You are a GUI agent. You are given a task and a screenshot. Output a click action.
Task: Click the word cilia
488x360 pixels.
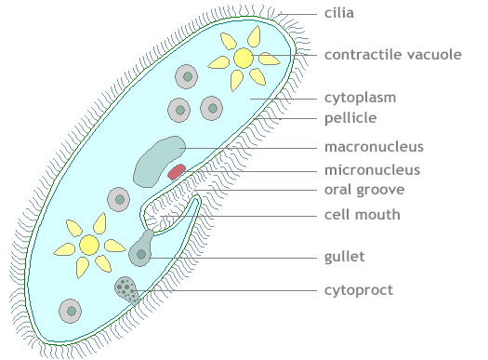(x=339, y=14)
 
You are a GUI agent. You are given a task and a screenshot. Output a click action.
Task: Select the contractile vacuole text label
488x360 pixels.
(x=392, y=55)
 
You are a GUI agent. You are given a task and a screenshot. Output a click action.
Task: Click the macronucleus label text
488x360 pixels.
(x=374, y=147)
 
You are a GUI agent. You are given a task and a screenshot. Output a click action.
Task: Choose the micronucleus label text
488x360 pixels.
(x=372, y=170)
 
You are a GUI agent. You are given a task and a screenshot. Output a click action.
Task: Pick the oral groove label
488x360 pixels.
(x=363, y=191)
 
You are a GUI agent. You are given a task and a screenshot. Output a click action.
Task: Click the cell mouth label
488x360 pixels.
(x=362, y=215)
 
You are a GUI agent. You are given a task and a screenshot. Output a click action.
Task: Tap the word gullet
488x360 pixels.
(x=344, y=255)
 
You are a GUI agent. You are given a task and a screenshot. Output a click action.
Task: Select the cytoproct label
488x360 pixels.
(x=358, y=290)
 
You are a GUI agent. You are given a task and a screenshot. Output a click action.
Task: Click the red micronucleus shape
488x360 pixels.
(x=177, y=171)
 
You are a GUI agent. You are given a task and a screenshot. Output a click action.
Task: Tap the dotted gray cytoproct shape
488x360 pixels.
(x=126, y=290)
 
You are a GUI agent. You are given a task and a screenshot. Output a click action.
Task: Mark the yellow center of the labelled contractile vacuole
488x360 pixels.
(x=243, y=58)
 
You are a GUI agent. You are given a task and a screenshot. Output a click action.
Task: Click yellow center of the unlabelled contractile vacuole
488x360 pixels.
(x=89, y=245)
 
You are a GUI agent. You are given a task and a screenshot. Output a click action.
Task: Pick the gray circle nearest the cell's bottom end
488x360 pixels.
(x=70, y=311)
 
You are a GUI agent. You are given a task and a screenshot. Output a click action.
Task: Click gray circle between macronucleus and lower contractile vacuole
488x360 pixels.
(x=118, y=198)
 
